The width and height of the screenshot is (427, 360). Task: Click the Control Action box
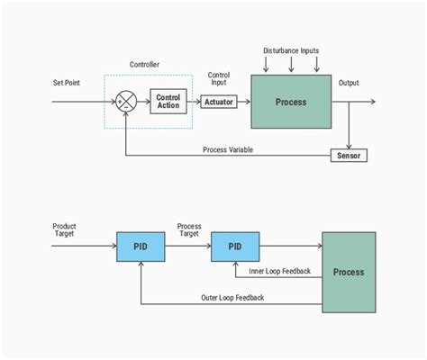[168, 101]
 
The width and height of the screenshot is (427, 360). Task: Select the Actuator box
[219, 102]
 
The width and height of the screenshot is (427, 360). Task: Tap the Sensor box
[347, 156]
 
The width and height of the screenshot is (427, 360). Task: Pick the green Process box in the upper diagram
[290, 102]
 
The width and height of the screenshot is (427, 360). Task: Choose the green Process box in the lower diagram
[349, 272]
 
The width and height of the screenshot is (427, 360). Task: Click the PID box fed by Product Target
[140, 246]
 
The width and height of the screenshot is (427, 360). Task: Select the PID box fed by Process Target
[235, 246]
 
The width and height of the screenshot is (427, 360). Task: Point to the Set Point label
[67, 83]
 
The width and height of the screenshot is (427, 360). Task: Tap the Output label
[349, 83]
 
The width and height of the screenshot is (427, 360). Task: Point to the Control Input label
[219, 79]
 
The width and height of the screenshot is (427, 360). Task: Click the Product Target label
[65, 229]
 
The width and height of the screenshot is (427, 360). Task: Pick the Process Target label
[189, 229]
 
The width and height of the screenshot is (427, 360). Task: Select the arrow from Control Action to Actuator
[194, 102]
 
